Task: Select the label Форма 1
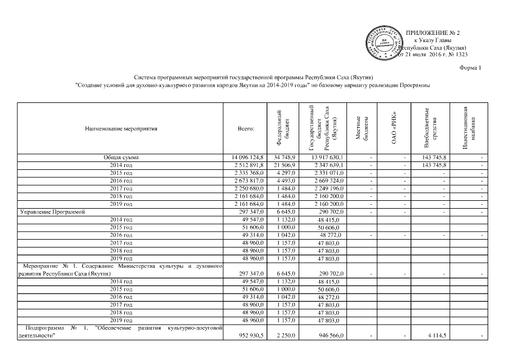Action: point(471,67)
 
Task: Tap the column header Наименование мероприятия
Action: point(121,129)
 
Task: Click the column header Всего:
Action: point(246,129)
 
